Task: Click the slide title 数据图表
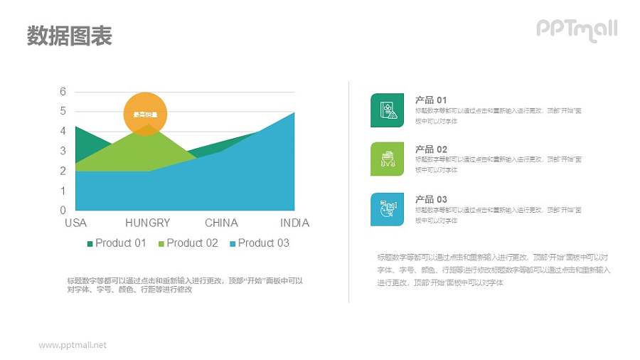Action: click(x=70, y=36)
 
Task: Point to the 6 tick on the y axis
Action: click(x=63, y=92)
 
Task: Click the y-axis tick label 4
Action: click(x=63, y=131)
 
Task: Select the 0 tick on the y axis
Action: click(x=63, y=210)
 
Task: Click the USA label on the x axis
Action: click(x=75, y=223)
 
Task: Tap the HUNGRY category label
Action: click(x=148, y=223)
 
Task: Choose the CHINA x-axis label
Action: click(x=221, y=223)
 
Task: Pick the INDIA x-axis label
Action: click(x=294, y=223)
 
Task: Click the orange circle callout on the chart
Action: click(x=145, y=113)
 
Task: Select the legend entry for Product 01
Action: click(x=117, y=243)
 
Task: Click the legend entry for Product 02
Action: click(x=188, y=243)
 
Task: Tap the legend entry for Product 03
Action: click(x=259, y=243)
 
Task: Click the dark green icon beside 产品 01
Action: click(x=387, y=110)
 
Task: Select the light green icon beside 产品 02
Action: click(x=387, y=159)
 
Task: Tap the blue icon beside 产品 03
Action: click(x=387, y=209)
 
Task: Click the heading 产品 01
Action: click(x=431, y=100)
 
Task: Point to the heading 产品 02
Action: click(x=431, y=149)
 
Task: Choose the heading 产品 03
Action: click(x=431, y=199)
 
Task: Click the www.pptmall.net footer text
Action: click(x=73, y=345)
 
